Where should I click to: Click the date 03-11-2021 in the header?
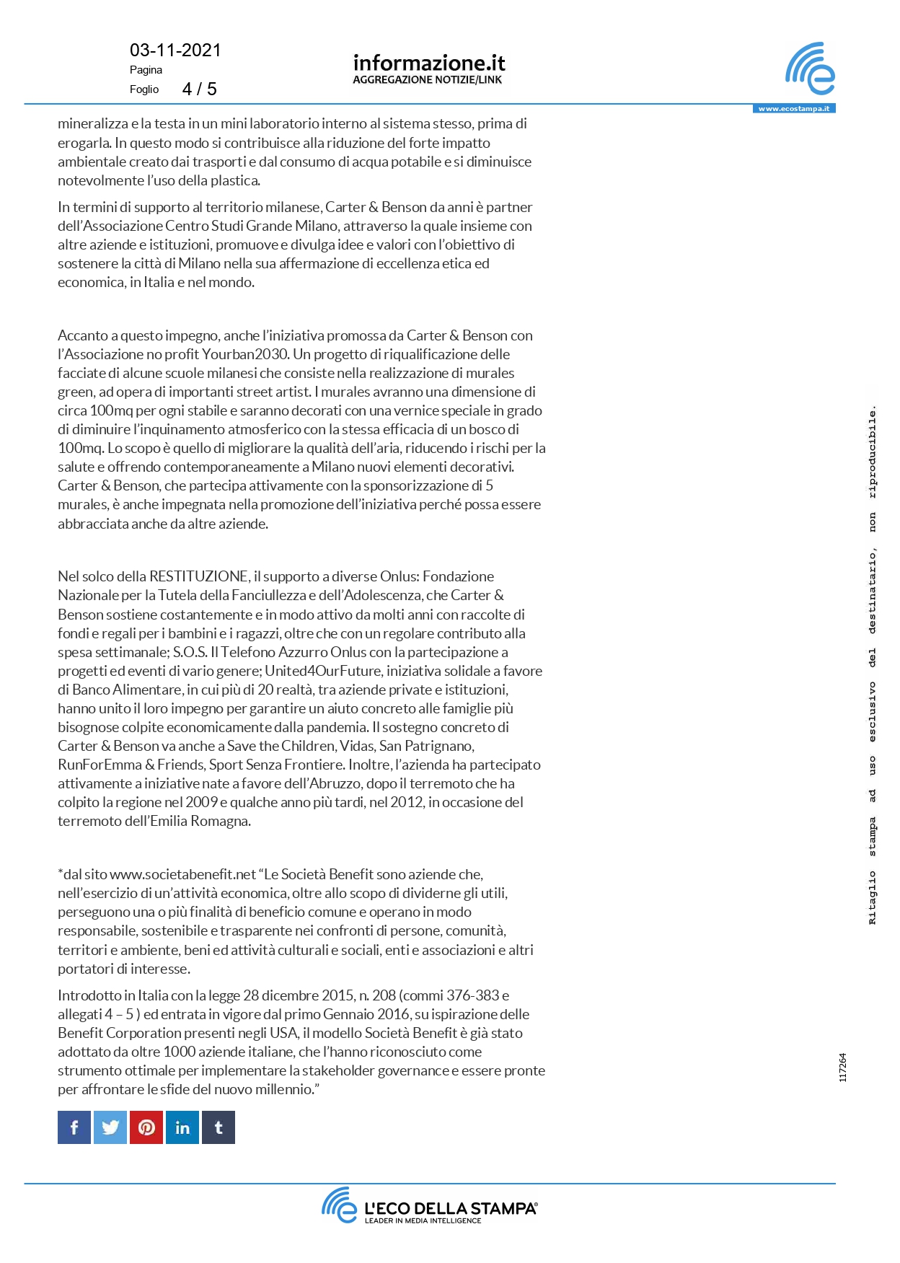point(175,50)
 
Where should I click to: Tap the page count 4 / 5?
point(199,89)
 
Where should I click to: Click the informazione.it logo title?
point(429,63)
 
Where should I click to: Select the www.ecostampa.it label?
point(793,109)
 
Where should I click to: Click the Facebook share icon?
point(74,1127)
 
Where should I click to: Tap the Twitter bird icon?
point(110,1127)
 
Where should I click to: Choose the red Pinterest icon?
point(146,1127)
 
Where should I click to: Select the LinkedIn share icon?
point(182,1127)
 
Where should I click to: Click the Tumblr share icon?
point(219,1127)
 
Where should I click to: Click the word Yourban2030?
point(245,354)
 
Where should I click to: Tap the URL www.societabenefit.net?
point(183,874)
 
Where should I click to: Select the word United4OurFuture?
point(322,671)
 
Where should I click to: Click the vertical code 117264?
point(842,1068)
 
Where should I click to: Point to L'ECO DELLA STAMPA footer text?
point(451,1208)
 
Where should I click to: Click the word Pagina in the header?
point(146,70)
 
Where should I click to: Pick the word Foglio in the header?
point(144,89)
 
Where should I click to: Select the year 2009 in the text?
point(201,802)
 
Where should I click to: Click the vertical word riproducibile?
point(873,452)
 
